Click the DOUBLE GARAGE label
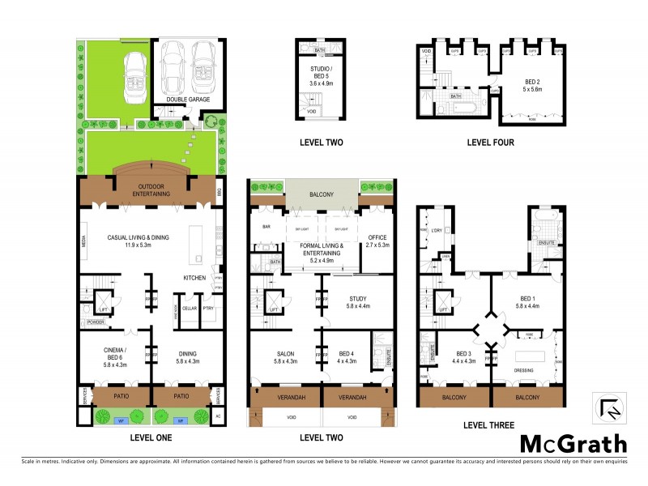pos(189,100)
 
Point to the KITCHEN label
pos(194,278)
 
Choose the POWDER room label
pos(96,321)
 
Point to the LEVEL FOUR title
pos(490,143)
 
